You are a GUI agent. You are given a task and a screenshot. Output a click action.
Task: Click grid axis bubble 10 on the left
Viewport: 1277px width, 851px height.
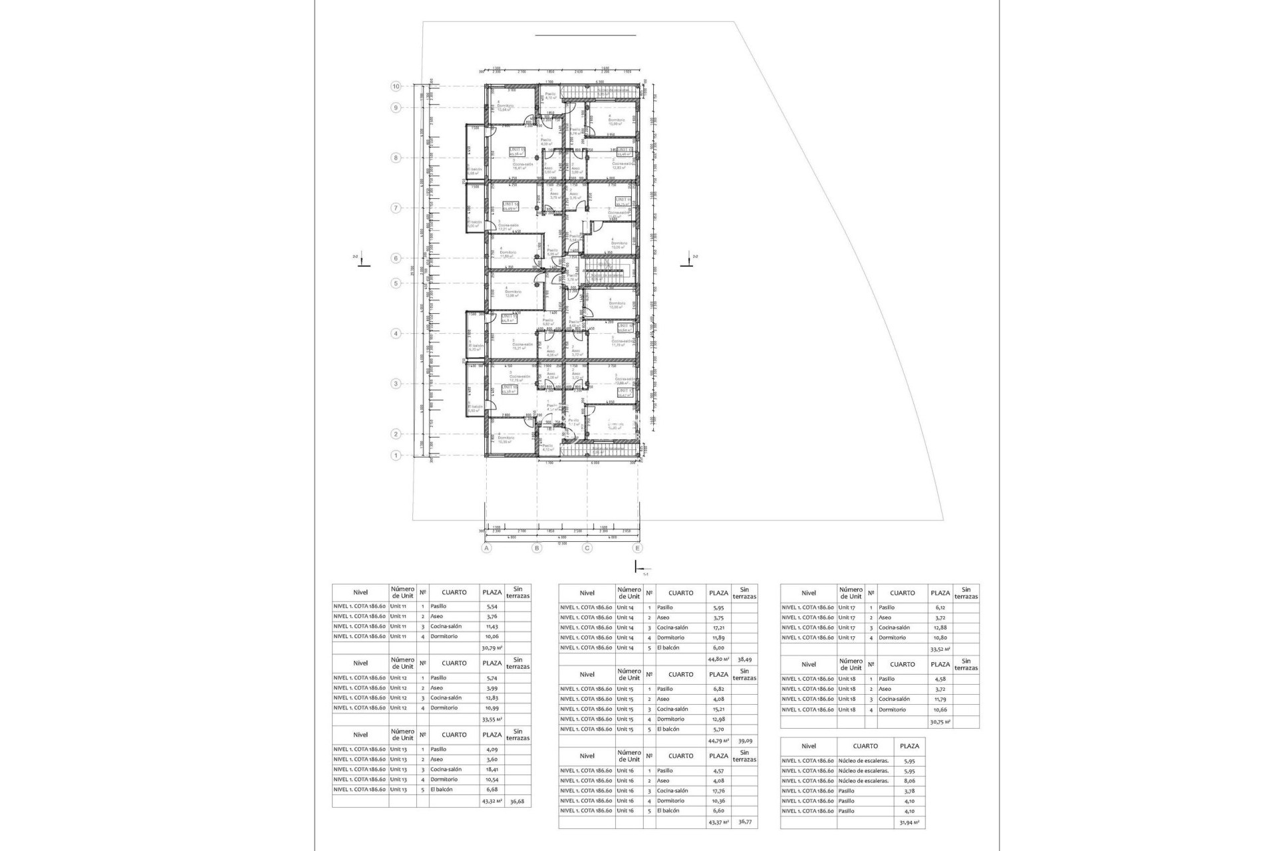(396, 86)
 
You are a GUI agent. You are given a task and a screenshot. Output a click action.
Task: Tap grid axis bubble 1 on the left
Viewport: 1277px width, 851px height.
(396, 455)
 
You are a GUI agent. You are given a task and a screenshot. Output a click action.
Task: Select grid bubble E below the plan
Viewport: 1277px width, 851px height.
(638, 548)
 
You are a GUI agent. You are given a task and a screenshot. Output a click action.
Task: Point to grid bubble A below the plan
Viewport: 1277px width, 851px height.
(487, 548)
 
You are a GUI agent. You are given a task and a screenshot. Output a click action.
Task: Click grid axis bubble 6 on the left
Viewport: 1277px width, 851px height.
(396, 259)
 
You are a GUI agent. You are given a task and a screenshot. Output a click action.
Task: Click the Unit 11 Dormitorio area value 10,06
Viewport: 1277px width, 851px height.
(492, 636)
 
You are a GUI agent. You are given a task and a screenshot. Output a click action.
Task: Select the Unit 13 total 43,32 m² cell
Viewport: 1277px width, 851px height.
(492, 802)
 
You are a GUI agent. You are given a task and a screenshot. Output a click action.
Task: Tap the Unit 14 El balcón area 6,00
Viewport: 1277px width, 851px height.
(718, 648)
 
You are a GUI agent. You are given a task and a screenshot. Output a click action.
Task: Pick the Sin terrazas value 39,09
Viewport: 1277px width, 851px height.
(744, 741)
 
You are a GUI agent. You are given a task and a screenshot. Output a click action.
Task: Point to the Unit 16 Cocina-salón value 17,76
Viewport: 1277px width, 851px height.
(718, 790)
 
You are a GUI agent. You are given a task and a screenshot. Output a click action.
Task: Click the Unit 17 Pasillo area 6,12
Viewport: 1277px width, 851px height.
(940, 608)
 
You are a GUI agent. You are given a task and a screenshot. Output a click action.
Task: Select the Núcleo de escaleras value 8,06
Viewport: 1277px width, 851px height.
(909, 781)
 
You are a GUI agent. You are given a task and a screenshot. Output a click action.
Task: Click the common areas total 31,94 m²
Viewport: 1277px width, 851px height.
(909, 822)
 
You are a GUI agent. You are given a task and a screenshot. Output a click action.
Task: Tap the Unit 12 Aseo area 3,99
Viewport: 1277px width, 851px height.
(492, 688)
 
